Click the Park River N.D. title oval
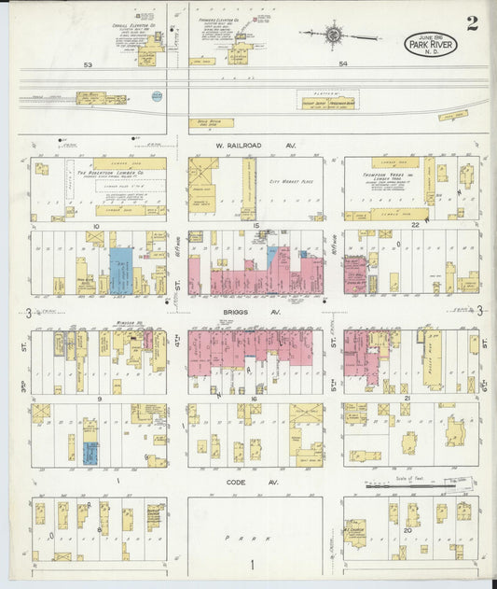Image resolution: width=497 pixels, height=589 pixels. (x=430, y=43)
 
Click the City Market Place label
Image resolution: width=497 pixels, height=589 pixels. (x=288, y=182)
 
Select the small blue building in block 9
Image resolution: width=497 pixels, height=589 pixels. (x=90, y=454)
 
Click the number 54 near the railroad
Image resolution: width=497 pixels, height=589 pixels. (x=342, y=64)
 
